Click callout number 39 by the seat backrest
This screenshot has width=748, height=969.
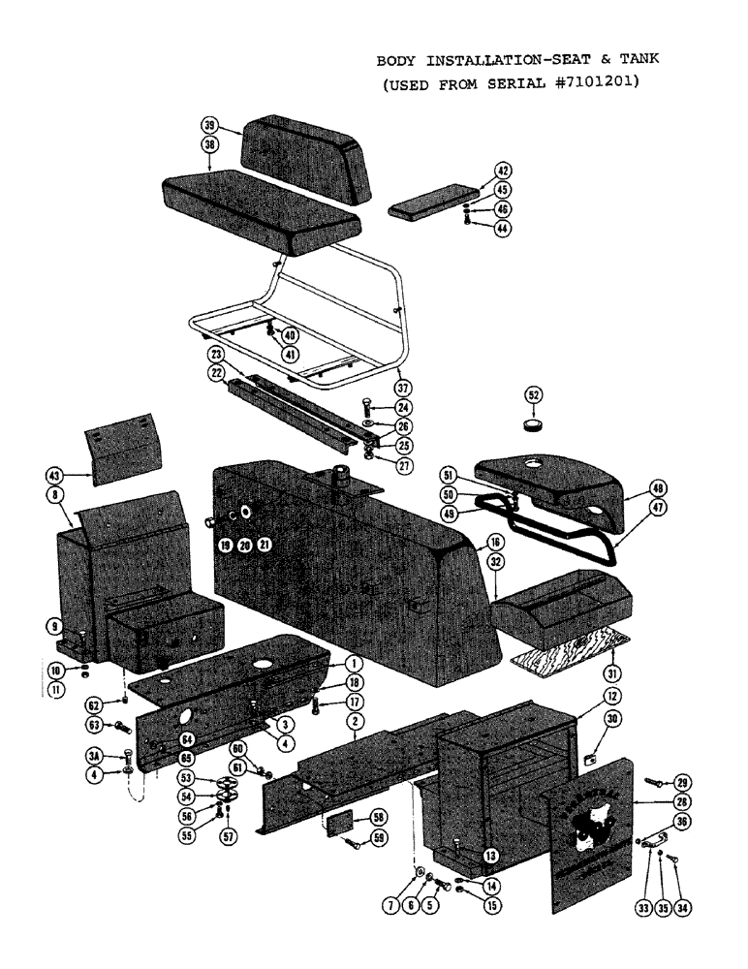pyautogui.click(x=208, y=126)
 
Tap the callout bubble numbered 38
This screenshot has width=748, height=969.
pyautogui.click(x=208, y=143)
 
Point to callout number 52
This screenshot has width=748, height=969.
pyautogui.click(x=533, y=394)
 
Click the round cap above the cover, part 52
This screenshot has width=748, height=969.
pyautogui.click(x=532, y=424)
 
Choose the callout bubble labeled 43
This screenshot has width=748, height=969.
pyautogui.click(x=54, y=475)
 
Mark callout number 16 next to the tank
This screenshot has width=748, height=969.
pyautogui.click(x=495, y=543)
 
